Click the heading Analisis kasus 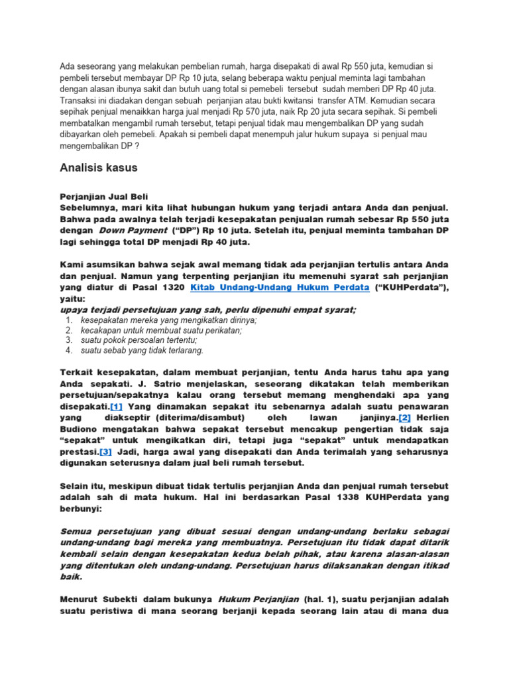[99, 168]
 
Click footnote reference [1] [116, 406]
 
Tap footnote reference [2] [404, 417]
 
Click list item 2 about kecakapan [161, 330]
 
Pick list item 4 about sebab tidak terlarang [142, 350]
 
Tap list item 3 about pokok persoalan [139, 340]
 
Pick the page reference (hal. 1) [321, 599]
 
